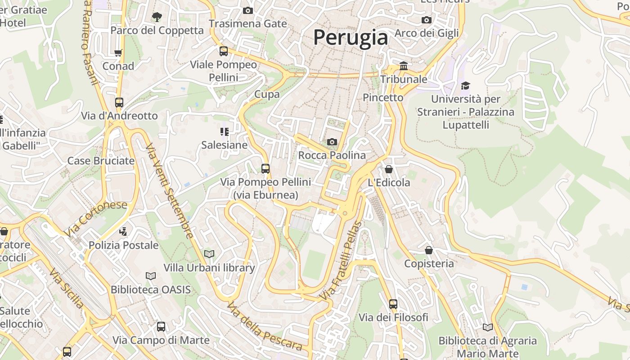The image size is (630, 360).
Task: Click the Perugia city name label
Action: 351,37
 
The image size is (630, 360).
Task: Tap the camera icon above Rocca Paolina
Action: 332,142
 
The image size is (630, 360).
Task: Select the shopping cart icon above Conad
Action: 118,53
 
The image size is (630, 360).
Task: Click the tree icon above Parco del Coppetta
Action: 157,17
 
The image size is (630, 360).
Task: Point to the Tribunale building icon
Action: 404,66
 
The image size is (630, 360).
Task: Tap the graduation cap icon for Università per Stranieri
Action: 465,85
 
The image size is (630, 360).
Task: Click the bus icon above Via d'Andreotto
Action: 119,103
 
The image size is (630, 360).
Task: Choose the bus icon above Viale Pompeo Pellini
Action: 224,51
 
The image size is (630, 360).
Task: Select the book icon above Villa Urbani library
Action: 209,254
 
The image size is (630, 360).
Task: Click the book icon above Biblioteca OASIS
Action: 151,276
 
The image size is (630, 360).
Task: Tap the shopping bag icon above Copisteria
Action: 429,250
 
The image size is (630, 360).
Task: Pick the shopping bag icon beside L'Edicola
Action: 389,170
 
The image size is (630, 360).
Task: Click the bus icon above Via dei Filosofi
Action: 393,304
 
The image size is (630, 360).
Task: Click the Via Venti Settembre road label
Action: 170,191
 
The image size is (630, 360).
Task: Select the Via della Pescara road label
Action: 264,327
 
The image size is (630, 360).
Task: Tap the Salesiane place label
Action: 224,145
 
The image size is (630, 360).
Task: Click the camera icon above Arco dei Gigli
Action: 426,20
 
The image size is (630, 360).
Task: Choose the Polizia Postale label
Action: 123,245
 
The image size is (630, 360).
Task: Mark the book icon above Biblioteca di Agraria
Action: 487,327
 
